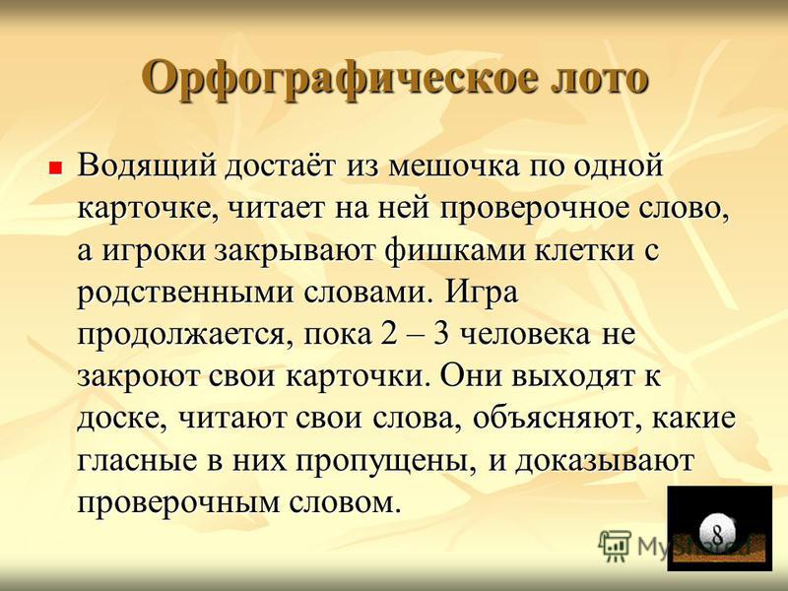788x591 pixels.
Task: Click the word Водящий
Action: [147, 165]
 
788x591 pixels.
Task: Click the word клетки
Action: [583, 251]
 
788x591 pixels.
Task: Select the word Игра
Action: [481, 292]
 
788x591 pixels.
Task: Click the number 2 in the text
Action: [388, 334]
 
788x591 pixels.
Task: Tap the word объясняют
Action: [555, 419]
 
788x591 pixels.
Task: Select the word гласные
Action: [137, 461]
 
